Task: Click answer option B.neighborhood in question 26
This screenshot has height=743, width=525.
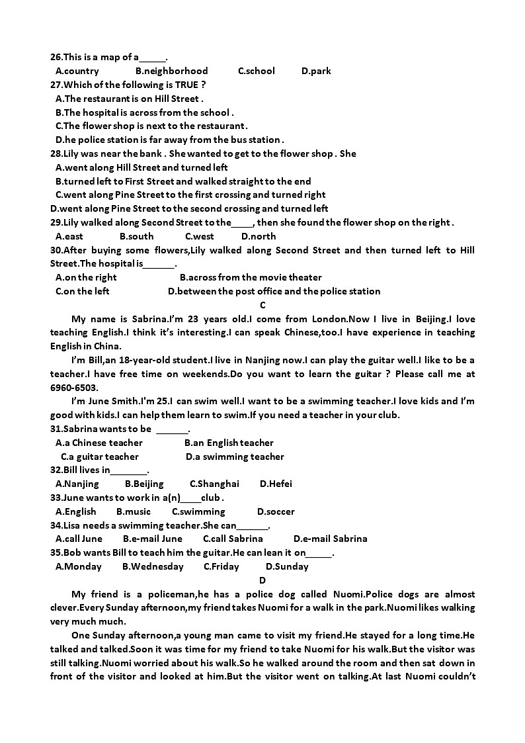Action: (x=171, y=71)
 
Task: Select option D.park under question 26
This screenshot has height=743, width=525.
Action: (x=316, y=71)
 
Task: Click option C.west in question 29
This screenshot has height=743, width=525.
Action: (x=199, y=236)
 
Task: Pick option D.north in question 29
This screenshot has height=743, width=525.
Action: (x=259, y=236)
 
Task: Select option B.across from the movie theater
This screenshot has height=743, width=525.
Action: (x=251, y=277)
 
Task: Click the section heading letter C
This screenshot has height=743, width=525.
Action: (x=262, y=305)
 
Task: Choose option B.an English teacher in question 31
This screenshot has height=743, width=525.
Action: (x=229, y=443)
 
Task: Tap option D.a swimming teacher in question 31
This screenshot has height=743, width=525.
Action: (x=235, y=457)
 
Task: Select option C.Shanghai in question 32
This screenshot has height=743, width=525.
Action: (x=214, y=484)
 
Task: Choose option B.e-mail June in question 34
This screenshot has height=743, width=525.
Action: (x=152, y=539)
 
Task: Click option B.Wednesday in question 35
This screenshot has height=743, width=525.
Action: (x=153, y=566)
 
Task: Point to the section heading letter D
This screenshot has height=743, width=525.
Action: (x=262, y=580)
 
